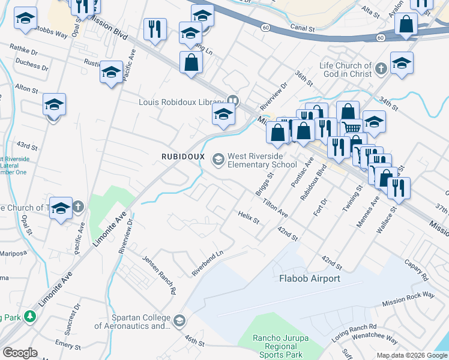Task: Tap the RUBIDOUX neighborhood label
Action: coord(184,156)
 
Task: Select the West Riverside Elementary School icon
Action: coord(217,158)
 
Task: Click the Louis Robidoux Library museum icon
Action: coord(233,101)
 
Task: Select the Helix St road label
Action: coord(248,217)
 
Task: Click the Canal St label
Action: coord(301,28)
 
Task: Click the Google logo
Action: coord(20,353)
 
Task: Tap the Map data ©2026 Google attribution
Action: coord(412,355)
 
